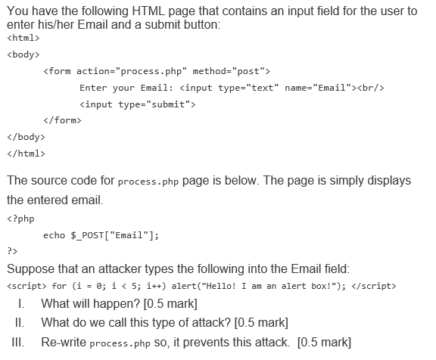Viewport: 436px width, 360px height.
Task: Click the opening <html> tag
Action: point(23,38)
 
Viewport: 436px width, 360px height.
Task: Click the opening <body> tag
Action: point(23,54)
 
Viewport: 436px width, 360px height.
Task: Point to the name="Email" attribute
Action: point(318,88)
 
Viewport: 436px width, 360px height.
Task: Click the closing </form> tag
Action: point(62,120)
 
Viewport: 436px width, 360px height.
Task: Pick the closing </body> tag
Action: point(26,137)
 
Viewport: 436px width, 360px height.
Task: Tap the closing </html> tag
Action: point(26,154)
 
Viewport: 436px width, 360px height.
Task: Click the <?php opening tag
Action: point(20,219)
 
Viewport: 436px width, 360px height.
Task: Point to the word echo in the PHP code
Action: point(54,235)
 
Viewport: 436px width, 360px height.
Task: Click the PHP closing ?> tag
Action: point(12,251)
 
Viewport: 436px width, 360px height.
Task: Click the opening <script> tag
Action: point(26,286)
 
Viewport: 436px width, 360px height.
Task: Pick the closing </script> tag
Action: point(374,286)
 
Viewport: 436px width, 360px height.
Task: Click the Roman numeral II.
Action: point(20,323)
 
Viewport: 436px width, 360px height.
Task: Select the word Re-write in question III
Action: point(64,342)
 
